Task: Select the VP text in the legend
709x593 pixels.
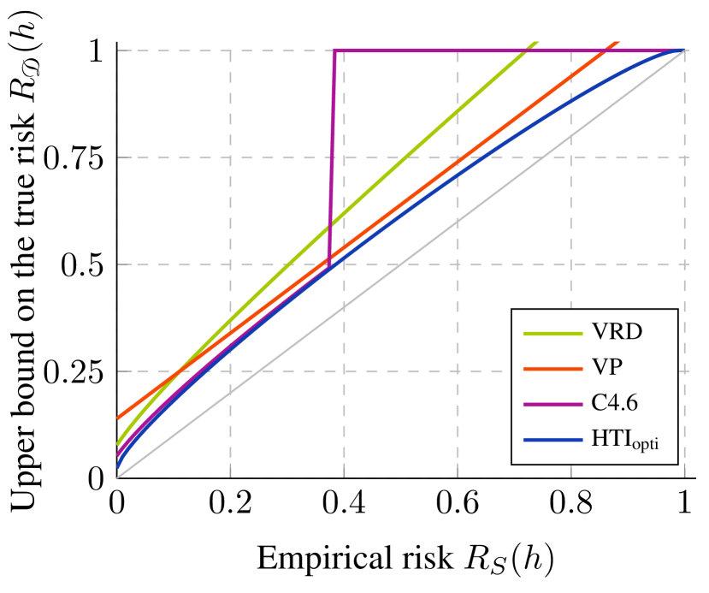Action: point(607,367)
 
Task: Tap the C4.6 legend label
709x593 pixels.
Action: point(615,403)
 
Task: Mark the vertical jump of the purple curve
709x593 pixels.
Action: point(332,154)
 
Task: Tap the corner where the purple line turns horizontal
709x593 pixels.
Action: point(334,50)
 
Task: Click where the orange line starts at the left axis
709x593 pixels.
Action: point(118,418)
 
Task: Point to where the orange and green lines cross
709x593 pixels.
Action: point(174,374)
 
